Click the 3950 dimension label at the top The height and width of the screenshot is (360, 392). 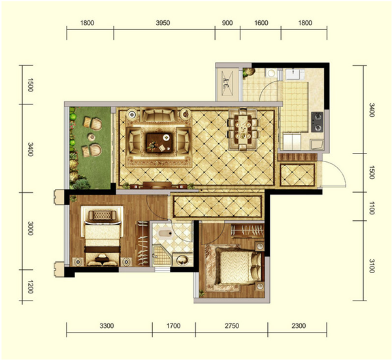163,23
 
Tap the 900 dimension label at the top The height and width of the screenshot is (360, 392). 227,23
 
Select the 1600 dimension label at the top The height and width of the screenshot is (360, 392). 261,23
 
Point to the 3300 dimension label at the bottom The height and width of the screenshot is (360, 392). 106,326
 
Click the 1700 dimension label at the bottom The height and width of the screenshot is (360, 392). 174,326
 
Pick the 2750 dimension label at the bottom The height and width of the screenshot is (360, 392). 232,326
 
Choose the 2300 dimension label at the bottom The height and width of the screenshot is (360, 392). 299,326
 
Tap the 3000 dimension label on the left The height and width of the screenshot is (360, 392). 30,228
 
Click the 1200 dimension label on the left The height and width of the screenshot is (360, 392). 30,287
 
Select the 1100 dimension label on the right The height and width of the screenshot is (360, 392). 372,208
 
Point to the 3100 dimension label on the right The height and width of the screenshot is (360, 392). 372,266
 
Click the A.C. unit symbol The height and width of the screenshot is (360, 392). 227,84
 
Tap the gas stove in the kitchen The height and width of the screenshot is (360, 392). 317,122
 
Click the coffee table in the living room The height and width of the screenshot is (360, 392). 159,142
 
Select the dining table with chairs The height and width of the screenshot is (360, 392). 243,129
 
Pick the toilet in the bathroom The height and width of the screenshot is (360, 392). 165,234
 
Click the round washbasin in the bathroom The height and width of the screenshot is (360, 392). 182,260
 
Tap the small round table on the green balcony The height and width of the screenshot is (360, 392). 91,137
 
